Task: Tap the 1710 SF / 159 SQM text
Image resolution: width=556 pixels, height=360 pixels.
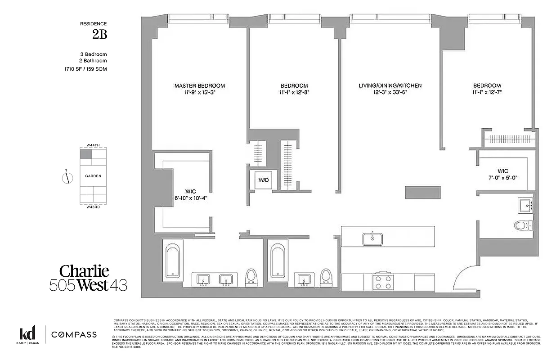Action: point(85,69)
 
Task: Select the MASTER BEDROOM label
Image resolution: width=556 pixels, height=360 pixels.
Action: point(199,85)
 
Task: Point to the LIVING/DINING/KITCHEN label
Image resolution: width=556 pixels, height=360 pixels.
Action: point(390,85)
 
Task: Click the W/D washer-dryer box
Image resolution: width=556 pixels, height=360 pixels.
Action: point(263,180)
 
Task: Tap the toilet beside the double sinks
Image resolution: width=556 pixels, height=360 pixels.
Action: point(251,277)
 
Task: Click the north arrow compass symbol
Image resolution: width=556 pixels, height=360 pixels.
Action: point(67,177)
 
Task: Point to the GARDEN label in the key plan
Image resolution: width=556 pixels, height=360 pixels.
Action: point(94,176)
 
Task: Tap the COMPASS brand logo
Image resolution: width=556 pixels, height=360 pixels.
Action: point(74,334)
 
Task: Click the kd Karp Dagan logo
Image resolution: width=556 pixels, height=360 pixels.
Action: point(27,335)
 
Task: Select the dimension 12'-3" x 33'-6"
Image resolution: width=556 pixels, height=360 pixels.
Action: point(390,92)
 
